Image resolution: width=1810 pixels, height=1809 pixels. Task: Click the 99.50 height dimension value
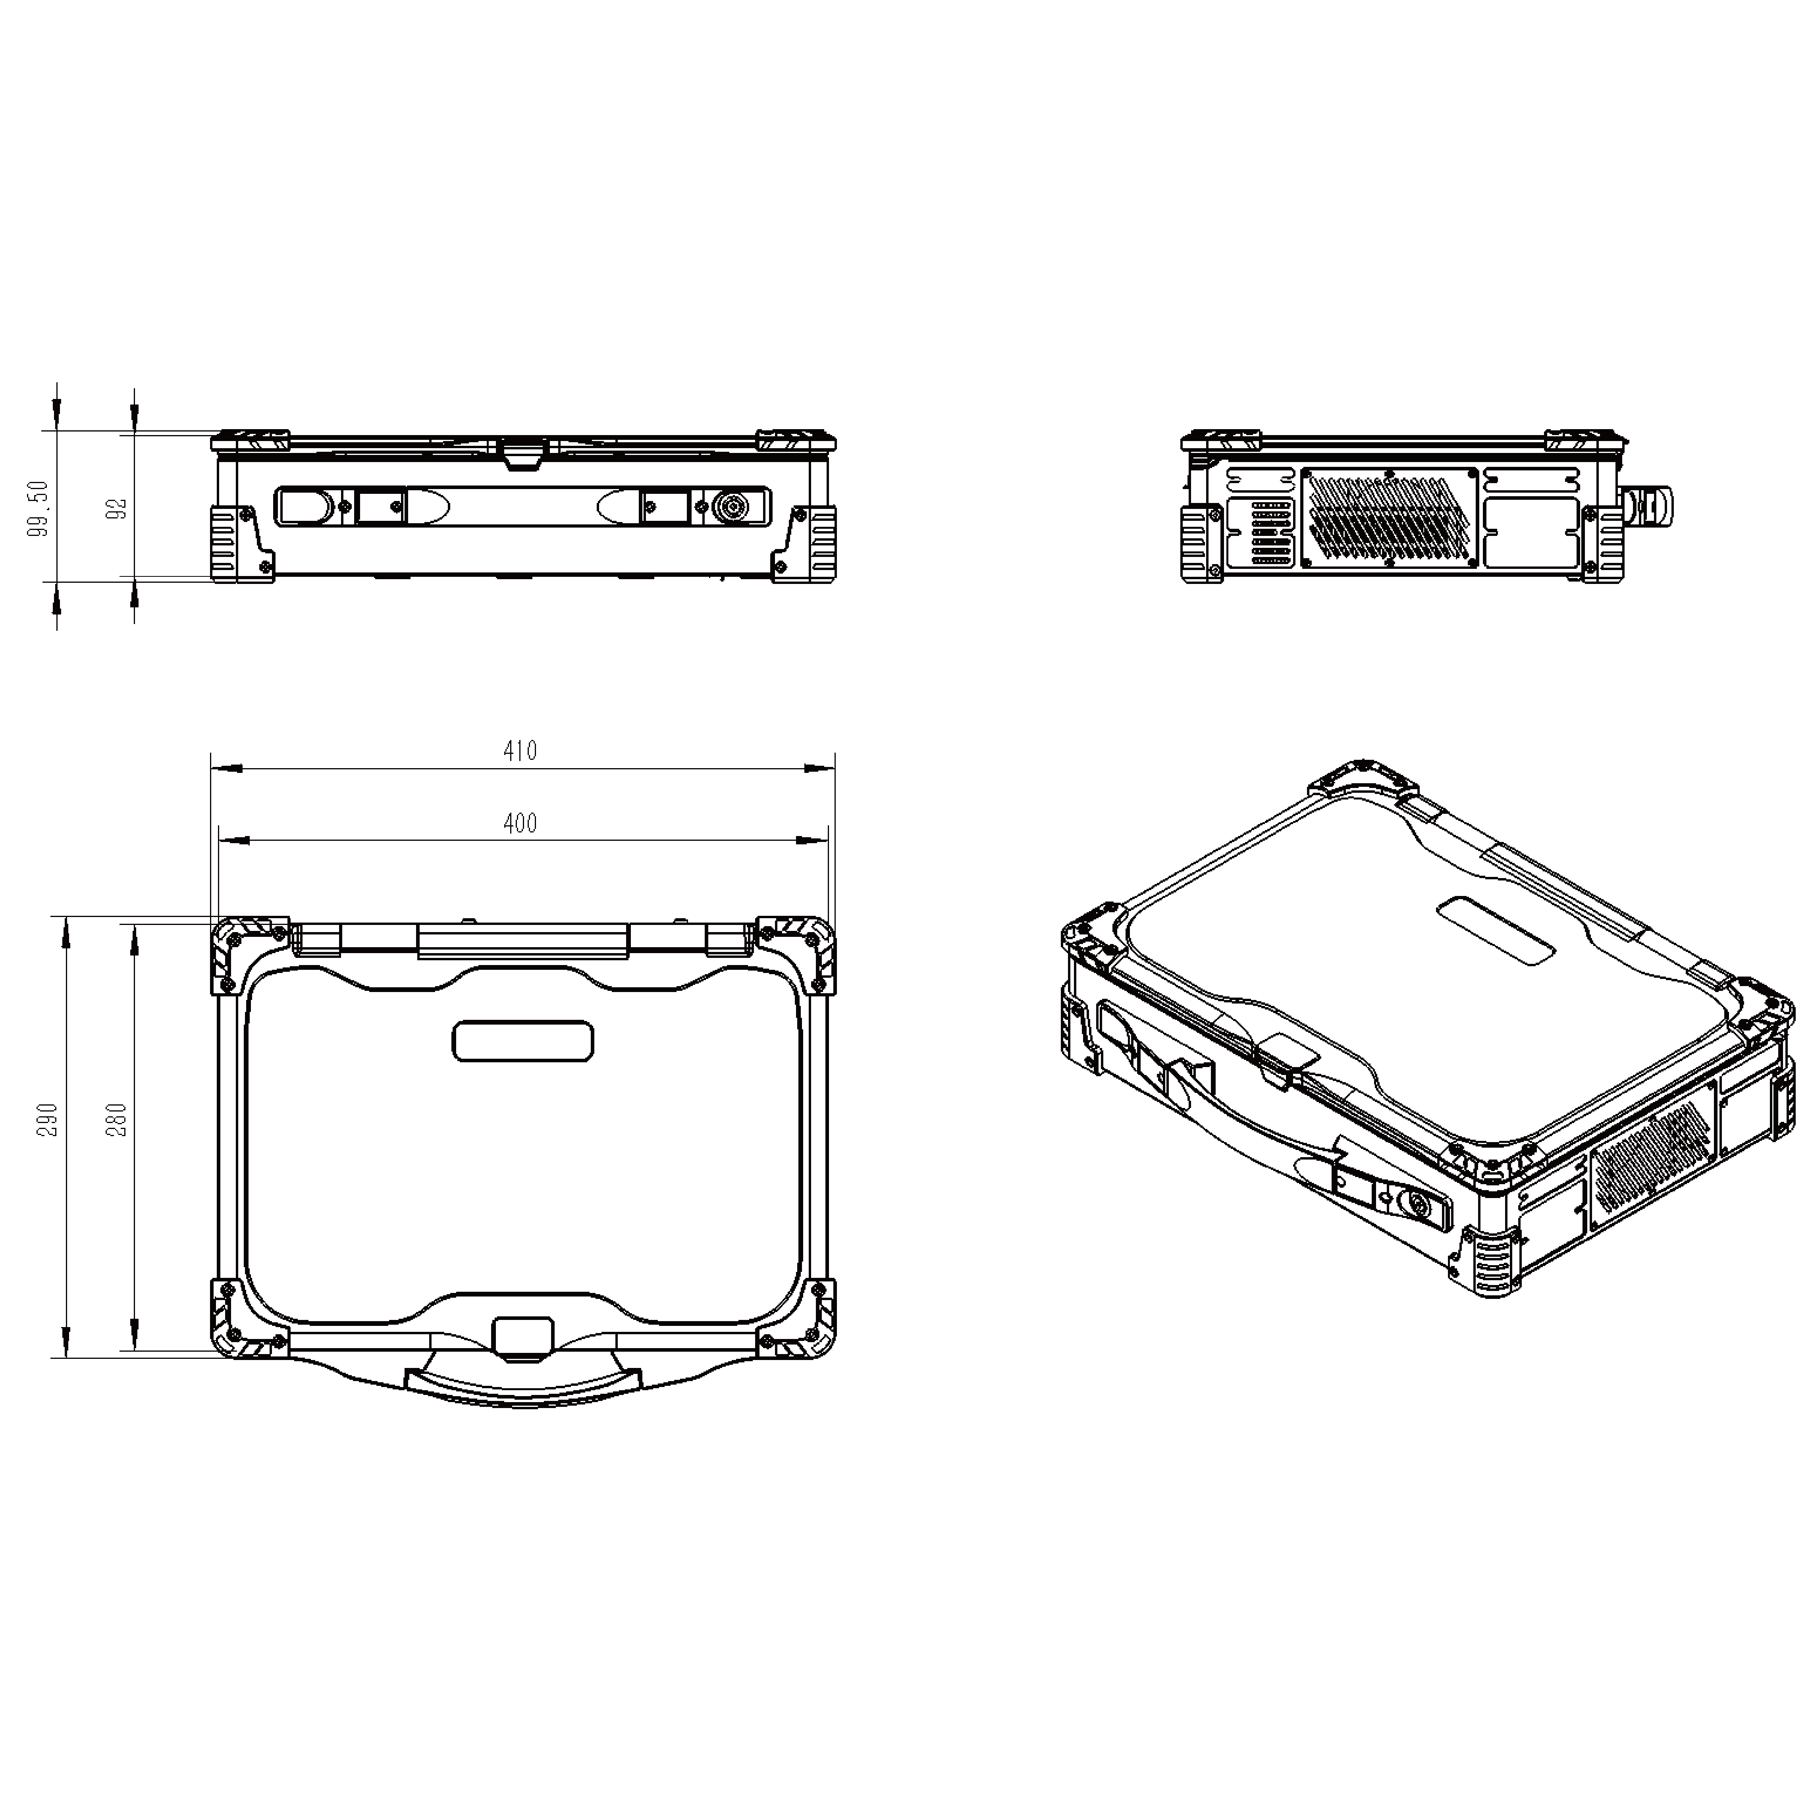click(39, 509)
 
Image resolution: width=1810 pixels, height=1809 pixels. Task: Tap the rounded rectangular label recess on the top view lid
click(523, 1041)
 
